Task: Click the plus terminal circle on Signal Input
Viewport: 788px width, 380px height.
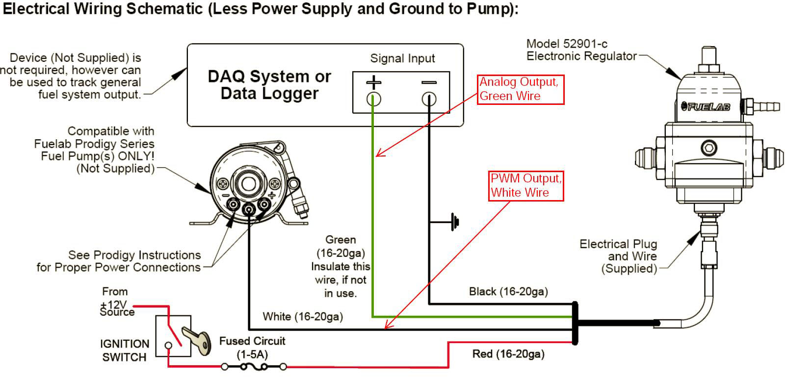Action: (373, 100)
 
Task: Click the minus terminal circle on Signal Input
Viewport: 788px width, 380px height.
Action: (429, 100)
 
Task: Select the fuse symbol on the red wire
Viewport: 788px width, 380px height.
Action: (254, 366)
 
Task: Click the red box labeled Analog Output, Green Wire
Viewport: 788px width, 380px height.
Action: (521, 89)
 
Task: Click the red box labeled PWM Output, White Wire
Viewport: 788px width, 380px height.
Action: (526, 186)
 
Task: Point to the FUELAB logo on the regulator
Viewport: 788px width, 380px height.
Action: (707, 106)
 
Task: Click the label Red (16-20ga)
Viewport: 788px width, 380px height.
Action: (508, 354)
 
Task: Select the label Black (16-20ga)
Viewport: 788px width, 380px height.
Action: (508, 292)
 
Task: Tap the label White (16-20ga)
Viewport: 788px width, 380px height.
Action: (303, 317)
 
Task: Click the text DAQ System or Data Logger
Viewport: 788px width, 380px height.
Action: (269, 85)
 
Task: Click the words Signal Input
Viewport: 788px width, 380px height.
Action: (402, 59)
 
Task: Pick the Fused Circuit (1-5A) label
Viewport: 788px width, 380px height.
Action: (252, 347)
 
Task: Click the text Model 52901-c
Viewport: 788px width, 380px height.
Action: (567, 44)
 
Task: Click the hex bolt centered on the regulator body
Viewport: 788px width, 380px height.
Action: (708, 148)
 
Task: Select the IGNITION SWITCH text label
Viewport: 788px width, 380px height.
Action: (124, 351)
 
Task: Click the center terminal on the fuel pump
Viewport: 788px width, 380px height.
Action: (249, 210)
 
